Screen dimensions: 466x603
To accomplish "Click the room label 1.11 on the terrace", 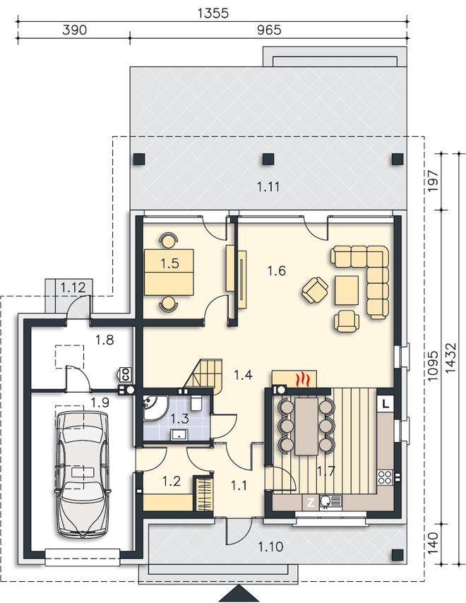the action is (268, 187).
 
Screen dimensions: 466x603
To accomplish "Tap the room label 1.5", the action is (169, 263).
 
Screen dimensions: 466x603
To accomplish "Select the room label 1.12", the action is (73, 287).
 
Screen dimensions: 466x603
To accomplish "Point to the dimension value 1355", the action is (213, 13).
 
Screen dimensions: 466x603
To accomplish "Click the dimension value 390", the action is (75, 30).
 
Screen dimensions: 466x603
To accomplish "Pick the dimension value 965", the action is (269, 30).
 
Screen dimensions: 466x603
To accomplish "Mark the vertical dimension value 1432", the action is (450, 357).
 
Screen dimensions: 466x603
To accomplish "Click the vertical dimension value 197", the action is (433, 181).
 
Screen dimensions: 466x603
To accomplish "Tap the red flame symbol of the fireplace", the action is (304, 378).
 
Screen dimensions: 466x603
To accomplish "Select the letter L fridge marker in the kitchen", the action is (386, 404).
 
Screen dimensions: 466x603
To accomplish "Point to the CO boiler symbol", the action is (126, 373).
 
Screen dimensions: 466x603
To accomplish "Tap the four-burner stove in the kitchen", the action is (385, 477).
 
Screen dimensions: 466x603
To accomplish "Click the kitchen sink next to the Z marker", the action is (330, 501).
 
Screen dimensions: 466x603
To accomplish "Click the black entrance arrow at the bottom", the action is (239, 595).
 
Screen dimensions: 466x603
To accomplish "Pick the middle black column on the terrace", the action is (268, 159).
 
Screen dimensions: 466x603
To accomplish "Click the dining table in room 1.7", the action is (306, 426).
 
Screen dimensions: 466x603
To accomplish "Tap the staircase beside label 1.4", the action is (204, 375).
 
